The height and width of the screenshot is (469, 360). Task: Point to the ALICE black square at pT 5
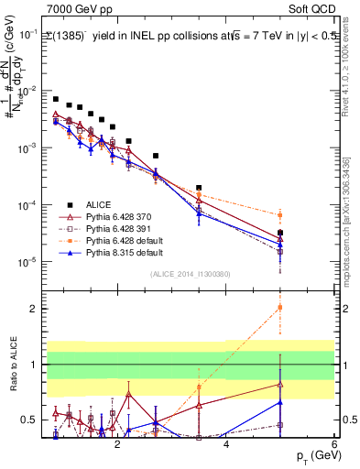click(280, 234)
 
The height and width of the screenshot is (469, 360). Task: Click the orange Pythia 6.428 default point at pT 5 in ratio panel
click(280, 307)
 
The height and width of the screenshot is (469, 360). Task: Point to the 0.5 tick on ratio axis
click(30, 420)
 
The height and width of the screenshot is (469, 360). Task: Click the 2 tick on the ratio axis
click(33, 309)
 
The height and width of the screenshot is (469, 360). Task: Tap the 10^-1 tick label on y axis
click(27, 33)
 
